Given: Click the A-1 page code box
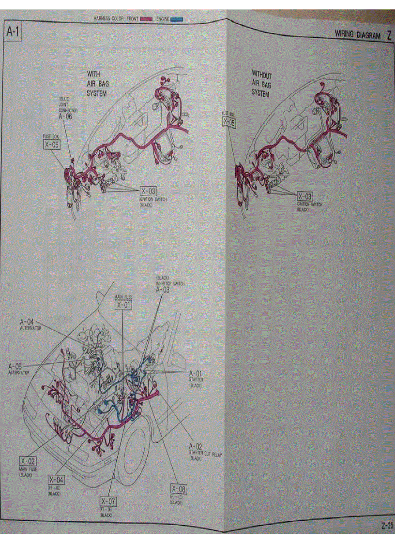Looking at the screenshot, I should (13, 32).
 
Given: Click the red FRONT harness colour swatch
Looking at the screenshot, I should (146, 19).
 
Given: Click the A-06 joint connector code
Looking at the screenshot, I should (66, 117).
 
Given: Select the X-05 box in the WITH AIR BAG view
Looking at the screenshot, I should (51, 144).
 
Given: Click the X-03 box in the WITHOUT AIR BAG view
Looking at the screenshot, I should (304, 196).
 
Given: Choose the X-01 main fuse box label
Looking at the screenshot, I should (123, 305).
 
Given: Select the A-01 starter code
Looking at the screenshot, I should (195, 373).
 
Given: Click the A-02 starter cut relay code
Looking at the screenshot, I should (196, 445).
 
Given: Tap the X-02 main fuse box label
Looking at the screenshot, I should (28, 461).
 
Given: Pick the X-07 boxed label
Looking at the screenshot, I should (108, 501).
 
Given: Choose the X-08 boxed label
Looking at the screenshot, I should (178, 489).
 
